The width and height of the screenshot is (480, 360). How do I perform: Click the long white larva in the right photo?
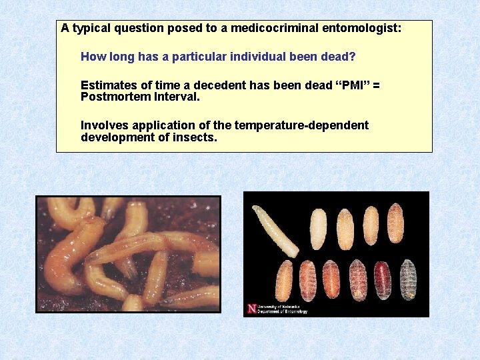pyautogui.click(x=275, y=231)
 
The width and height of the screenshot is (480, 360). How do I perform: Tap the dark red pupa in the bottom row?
pyautogui.click(x=383, y=279)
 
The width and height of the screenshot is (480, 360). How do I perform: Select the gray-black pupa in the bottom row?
pyautogui.click(x=407, y=279)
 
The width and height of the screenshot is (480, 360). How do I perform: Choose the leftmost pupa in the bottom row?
pyautogui.click(x=284, y=280)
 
